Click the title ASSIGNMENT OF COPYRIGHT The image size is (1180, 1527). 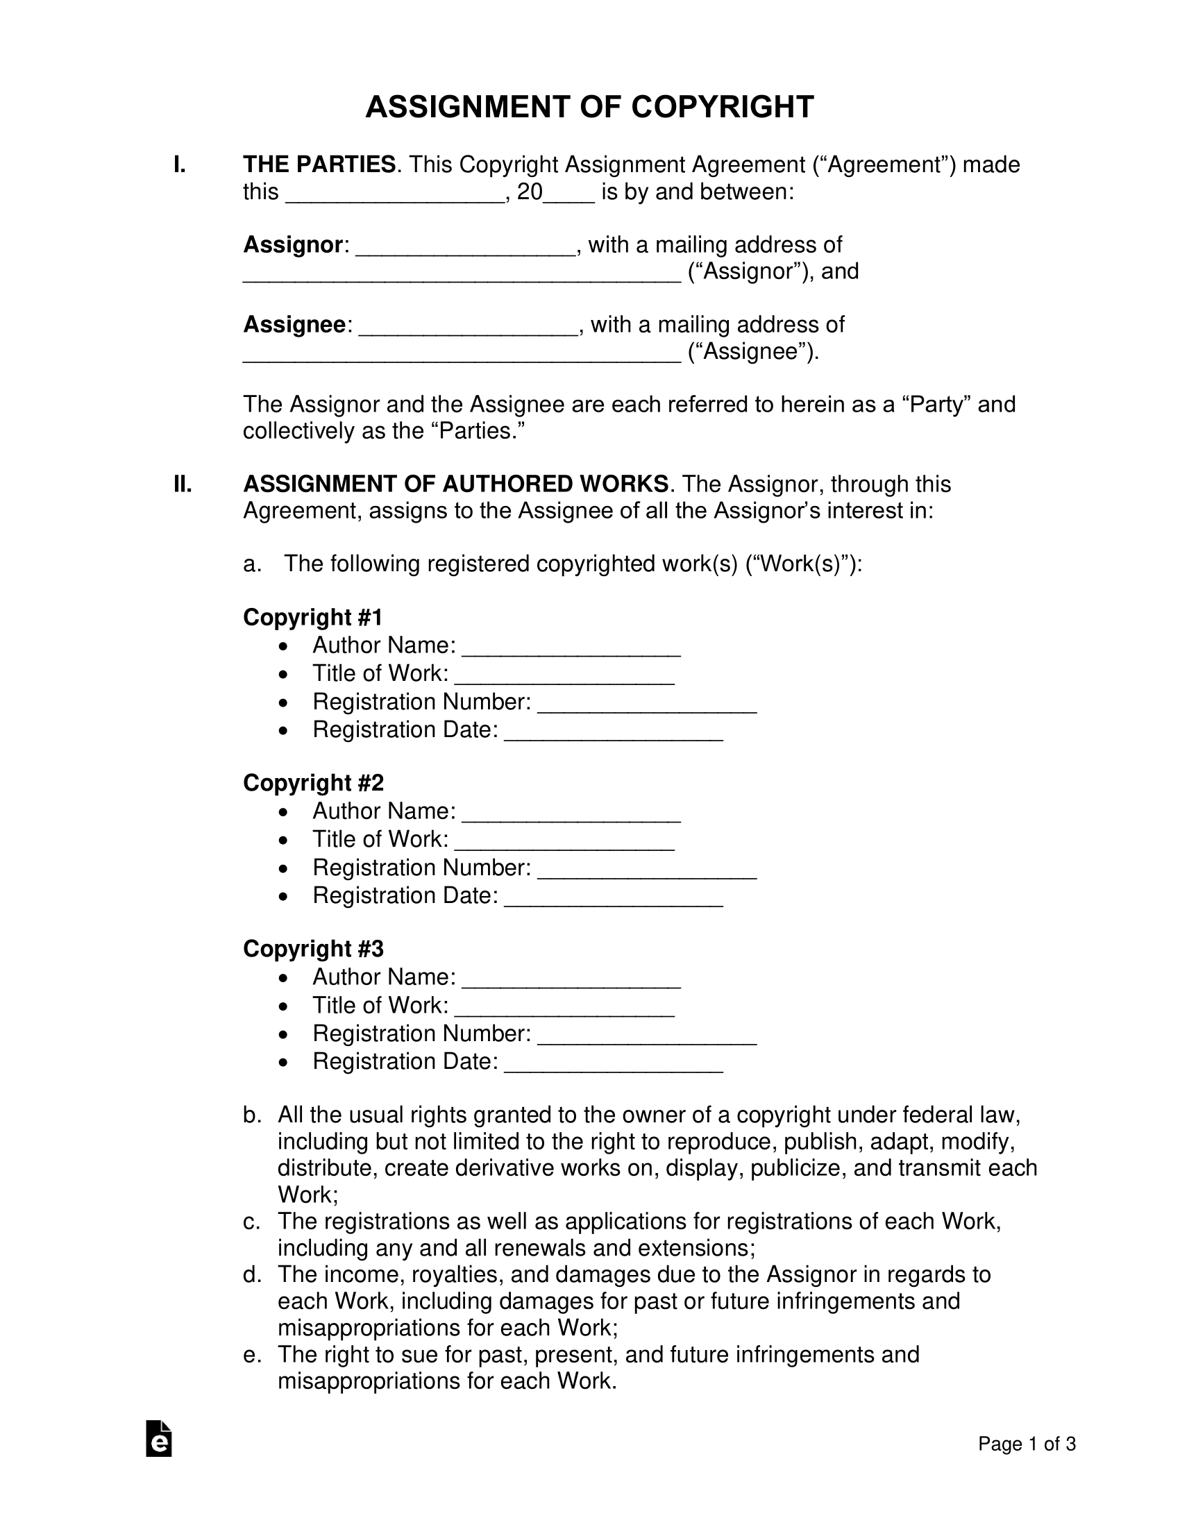pos(589,108)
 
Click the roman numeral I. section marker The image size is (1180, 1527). pos(180,165)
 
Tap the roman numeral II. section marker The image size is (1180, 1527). pos(183,484)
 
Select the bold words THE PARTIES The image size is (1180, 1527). pos(319,165)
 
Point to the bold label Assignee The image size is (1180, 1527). pos(294,325)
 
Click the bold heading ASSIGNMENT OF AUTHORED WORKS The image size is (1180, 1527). pos(456,484)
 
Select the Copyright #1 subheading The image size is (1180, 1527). pos(312,617)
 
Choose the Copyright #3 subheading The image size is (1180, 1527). pos(313,949)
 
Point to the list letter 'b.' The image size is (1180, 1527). pos(252,1115)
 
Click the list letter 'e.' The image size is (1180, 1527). pos(252,1355)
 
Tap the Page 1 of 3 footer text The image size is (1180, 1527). pos(1026,1444)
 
